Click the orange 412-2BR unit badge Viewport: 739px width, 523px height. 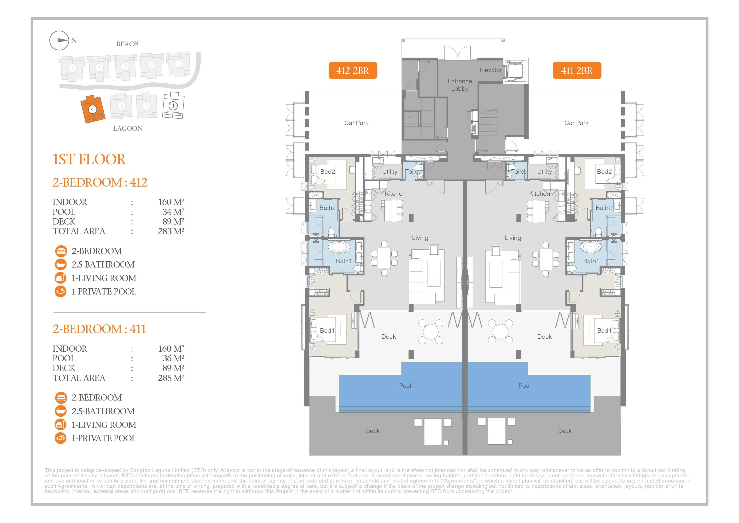(353, 70)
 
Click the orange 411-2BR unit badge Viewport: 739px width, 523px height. (577, 70)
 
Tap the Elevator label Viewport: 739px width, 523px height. (490, 70)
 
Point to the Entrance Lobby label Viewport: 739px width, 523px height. (460, 85)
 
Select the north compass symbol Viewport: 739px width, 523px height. (59, 40)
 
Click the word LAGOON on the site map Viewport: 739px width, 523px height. (128, 129)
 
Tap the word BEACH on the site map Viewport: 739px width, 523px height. (127, 44)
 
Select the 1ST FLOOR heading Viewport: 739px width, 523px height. (89, 159)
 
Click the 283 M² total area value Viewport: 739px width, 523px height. (171, 231)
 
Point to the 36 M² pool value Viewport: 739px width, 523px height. (173, 358)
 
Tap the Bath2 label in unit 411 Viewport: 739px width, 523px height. (604, 208)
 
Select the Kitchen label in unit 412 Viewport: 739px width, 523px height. (395, 194)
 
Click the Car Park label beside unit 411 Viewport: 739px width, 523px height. (576, 123)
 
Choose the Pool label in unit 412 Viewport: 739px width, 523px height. (405, 386)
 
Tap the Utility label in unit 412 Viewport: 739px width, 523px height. (390, 172)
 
